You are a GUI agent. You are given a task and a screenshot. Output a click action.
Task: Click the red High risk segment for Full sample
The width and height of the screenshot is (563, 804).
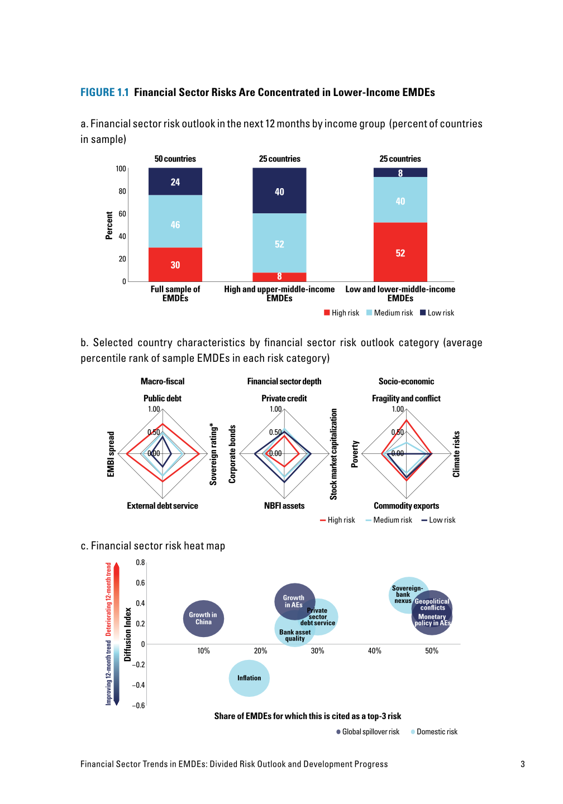175,265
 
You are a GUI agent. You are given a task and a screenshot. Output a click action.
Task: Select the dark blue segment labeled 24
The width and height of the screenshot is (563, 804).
175,182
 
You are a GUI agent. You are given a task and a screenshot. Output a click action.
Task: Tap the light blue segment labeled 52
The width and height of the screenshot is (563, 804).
279,243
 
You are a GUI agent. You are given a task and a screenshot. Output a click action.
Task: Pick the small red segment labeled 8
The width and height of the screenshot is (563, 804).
279,277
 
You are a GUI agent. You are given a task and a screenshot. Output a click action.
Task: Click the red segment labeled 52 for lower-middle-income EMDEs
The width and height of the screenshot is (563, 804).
400,252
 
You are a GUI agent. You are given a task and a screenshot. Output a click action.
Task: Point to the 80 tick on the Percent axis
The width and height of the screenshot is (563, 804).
122,192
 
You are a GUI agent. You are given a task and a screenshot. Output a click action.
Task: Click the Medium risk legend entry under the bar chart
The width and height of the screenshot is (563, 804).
390,313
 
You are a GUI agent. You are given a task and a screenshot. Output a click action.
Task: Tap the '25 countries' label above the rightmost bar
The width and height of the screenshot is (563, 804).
400,159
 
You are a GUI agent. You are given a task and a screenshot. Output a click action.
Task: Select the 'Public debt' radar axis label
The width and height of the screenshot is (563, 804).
162,399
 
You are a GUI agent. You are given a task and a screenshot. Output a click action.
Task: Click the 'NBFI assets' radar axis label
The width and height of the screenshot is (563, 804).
284,506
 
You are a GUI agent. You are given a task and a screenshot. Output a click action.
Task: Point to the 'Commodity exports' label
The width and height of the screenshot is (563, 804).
406,506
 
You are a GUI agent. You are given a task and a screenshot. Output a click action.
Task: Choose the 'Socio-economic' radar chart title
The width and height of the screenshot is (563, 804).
406,382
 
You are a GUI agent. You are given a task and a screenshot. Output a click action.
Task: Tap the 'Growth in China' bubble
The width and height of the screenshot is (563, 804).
203,619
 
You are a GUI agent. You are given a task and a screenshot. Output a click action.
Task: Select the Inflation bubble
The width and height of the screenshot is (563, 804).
249,678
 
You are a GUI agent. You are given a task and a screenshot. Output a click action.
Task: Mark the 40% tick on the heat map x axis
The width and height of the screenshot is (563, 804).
374,651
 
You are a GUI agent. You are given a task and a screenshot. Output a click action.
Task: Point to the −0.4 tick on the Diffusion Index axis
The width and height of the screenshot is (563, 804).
139,685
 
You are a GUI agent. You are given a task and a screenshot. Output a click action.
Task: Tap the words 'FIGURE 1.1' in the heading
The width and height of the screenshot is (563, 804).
104,93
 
